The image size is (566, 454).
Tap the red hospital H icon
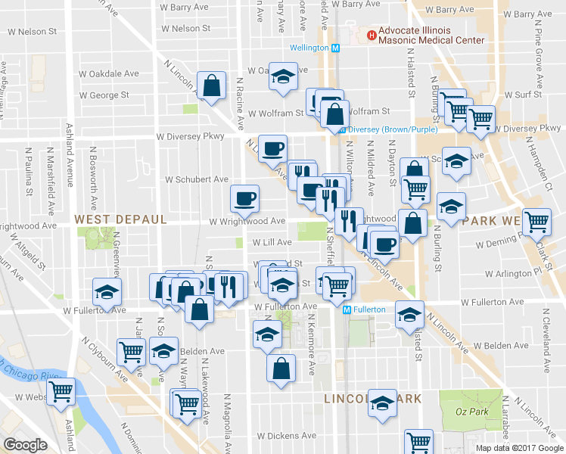point(371,35)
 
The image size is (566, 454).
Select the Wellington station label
point(310,48)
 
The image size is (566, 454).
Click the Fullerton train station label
point(369,309)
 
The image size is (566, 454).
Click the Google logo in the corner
point(25,445)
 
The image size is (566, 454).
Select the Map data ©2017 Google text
point(518,448)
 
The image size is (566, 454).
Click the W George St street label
point(104,95)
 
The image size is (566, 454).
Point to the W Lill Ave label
point(271,242)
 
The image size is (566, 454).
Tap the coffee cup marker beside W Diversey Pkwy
point(272,148)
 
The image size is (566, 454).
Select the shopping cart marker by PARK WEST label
point(536,222)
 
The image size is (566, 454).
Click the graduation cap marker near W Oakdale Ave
point(284,79)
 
